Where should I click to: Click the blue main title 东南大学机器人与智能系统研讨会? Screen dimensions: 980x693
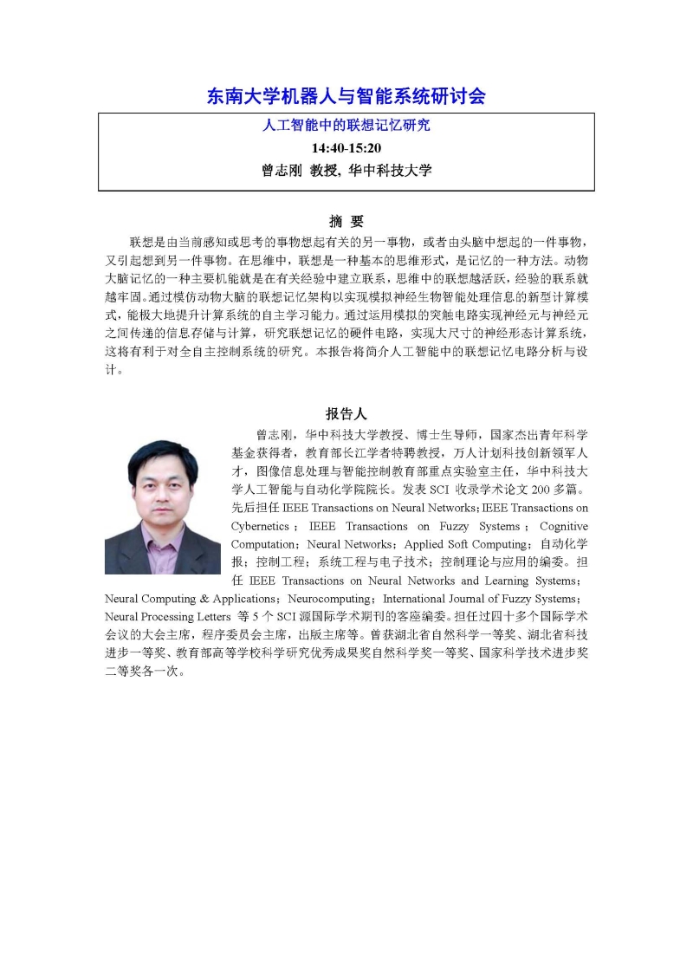click(x=346, y=95)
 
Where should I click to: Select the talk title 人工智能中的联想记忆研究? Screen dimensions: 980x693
click(x=346, y=126)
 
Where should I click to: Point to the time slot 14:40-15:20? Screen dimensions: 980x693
click(x=346, y=148)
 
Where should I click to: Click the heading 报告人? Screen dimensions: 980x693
click(x=346, y=414)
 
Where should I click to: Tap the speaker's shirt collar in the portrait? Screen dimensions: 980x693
click(x=163, y=531)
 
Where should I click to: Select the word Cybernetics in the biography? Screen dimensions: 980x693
click(x=260, y=526)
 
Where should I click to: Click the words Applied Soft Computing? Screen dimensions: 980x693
click(x=468, y=544)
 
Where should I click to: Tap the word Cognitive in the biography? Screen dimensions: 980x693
click(x=563, y=526)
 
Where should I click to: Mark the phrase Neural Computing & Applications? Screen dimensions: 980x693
click(x=189, y=599)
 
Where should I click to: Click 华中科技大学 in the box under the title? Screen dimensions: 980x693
click(x=390, y=171)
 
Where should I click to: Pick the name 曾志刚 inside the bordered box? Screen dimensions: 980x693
click(x=282, y=171)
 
